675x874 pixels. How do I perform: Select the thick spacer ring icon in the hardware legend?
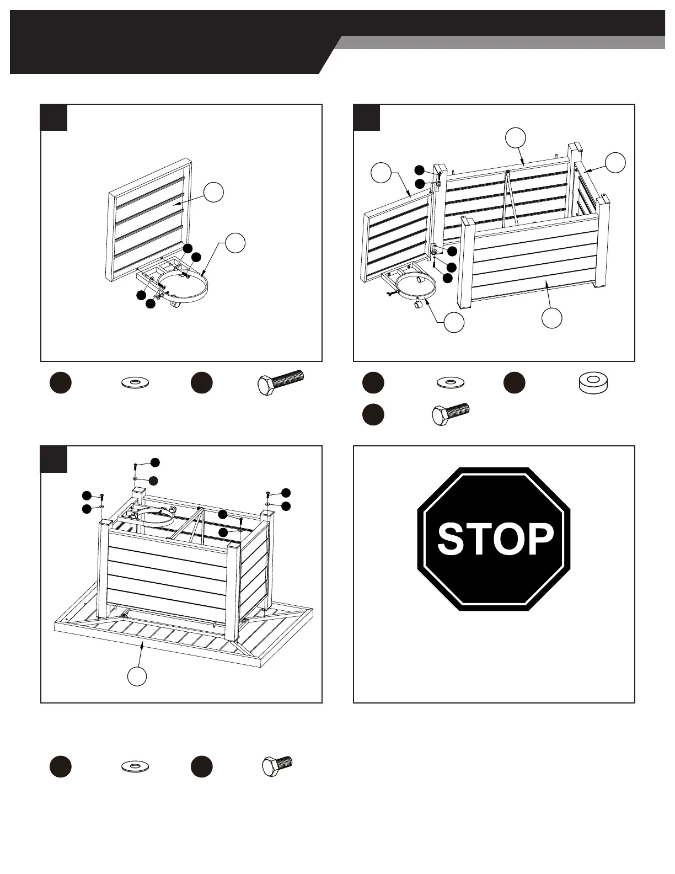point(593,383)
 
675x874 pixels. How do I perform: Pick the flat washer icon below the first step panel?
point(135,382)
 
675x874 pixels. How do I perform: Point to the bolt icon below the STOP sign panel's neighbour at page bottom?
point(277,766)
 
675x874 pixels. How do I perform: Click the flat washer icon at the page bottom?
point(135,766)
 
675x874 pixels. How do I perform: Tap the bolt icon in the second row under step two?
point(450,414)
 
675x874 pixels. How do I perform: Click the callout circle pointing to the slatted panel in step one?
point(213,193)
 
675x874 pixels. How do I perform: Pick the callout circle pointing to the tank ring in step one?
point(235,243)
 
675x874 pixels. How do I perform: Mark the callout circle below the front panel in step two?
point(552,318)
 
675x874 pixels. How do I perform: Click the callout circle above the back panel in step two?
point(516,138)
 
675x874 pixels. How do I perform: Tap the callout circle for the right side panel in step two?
point(615,163)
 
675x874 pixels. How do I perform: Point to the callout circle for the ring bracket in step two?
point(454,322)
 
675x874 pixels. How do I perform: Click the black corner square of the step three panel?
point(54,459)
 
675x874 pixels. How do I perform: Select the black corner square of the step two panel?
point(367,118)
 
